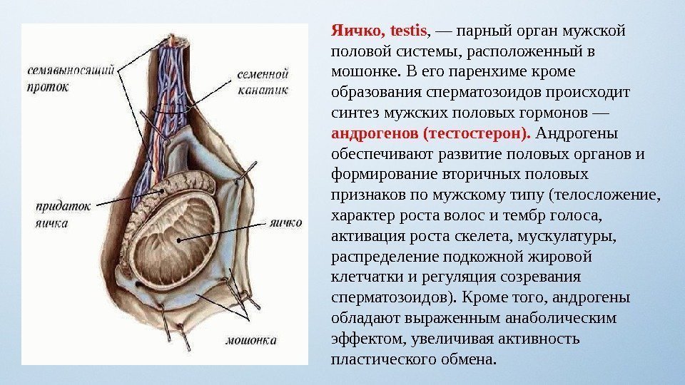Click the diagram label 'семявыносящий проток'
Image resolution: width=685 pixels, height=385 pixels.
(x=71, y=79)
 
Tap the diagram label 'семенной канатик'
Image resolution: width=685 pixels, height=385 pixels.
(x=263, y=81)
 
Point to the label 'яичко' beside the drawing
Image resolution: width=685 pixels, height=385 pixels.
(x=285, y=223)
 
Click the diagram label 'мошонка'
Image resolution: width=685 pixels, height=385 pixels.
(x=251, y=341)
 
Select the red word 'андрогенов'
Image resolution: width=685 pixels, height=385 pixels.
(x=375, y=134)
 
